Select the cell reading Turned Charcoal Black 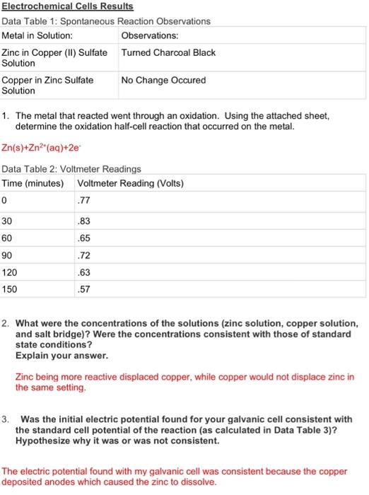coord(168,53)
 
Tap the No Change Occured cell coord(163,80)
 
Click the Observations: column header coord(150,35)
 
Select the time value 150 coord(11,289)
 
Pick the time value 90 coord(8,254)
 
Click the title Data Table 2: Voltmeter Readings coord(71,169)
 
